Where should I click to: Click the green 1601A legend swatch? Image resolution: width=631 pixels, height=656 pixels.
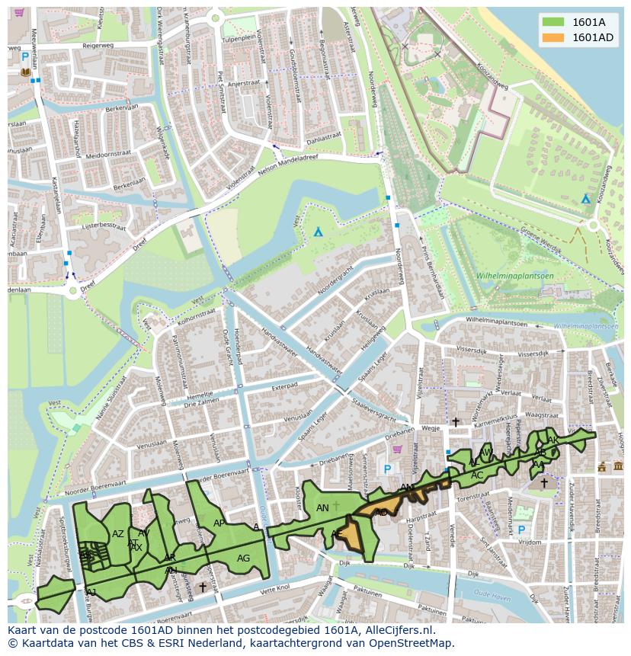(553, 22)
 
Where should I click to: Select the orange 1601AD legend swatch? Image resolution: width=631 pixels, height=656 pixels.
(553, 37)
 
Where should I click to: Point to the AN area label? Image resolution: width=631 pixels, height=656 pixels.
(322, 507)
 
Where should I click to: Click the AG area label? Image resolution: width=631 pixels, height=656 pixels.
(243, 558)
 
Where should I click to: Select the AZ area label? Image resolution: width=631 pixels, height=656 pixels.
(117, 534)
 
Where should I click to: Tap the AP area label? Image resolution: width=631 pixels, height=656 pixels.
(219, 523)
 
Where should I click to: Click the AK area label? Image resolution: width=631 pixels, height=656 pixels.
(553, 440)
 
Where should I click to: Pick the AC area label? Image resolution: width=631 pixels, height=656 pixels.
(477, 475)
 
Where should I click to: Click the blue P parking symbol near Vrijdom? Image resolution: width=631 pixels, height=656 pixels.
(521, 530)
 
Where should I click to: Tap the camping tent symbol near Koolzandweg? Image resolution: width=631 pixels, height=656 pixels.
(585, 199)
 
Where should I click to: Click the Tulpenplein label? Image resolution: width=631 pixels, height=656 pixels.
(238, 38)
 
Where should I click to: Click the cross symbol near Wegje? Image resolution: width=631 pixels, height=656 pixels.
(456, 421)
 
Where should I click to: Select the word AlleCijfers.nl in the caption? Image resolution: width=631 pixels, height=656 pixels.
(397, 630)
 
